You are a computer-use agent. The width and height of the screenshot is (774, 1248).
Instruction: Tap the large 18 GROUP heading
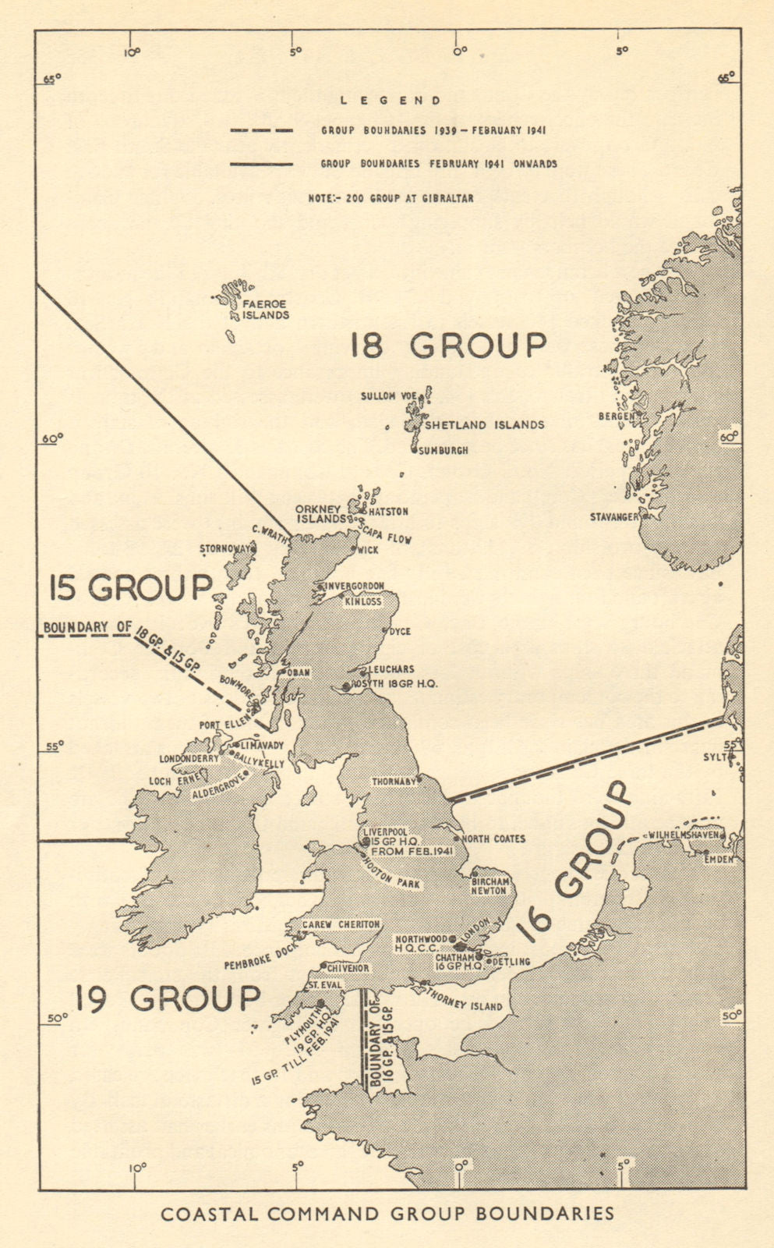click(447, 345)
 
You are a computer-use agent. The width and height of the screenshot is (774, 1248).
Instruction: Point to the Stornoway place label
click(225, 549)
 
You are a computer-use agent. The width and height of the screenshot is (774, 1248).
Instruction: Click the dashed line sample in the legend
click(261, 130)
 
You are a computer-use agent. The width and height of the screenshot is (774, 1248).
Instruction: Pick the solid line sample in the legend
click(261, 164)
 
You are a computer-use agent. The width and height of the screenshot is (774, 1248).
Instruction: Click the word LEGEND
click(391, 101)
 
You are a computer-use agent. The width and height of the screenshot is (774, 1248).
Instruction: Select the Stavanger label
click(613, 516)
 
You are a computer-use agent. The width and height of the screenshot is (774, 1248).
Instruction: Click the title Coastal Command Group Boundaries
click(387, 1214)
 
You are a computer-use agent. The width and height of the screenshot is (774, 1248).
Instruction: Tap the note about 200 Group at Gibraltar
click(391, 198)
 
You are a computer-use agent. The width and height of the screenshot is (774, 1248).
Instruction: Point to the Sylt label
click(716, 757)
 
